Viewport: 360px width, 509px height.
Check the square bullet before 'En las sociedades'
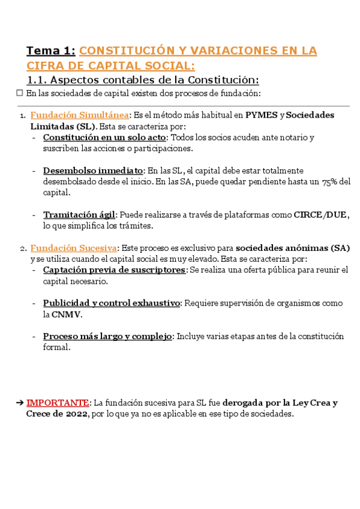[19, 93]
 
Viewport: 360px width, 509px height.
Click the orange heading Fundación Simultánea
[79, 115]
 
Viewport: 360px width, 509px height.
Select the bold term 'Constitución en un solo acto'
[104, 137]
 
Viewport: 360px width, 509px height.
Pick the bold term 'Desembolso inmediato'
[93, 170]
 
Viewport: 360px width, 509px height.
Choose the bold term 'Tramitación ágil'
[79, 215]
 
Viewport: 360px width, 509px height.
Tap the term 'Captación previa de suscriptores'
[114, 270]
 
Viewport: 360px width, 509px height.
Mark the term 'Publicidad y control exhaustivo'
[112, 303]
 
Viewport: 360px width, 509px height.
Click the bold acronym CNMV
[66, 314]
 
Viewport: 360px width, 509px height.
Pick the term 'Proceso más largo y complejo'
[107, 336]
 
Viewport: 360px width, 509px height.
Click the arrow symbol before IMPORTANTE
[20, 403]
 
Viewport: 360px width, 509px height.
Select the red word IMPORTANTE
[58, 403]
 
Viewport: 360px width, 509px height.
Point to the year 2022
[74, 414]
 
